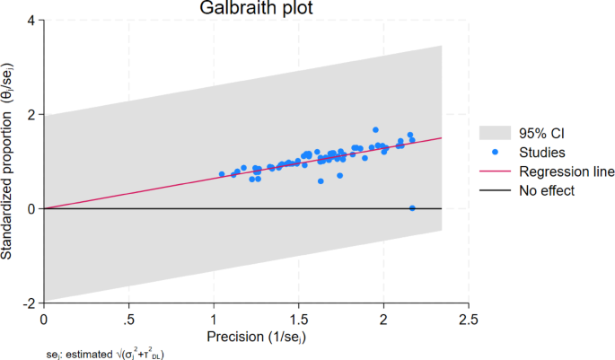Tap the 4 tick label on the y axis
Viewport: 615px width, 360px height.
[x=31, y=21]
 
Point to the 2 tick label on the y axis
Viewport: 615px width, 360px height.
[x=31, y=115]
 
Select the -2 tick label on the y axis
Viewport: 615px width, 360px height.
[x=29, y=303]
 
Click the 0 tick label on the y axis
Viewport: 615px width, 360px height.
[x=31, y=209]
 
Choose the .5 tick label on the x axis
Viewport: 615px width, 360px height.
[x=129, y=320]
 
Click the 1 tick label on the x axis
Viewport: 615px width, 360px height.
[x=214, y=320]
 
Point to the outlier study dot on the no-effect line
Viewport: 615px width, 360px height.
[x=412, y=208]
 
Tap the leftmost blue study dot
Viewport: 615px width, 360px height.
[x=222, y=174]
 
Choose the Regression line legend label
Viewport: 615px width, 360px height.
[x=562, y=171]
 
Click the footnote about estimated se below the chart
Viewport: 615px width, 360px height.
[x=106, y=354]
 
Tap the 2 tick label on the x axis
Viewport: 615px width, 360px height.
[x=384, y=320]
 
